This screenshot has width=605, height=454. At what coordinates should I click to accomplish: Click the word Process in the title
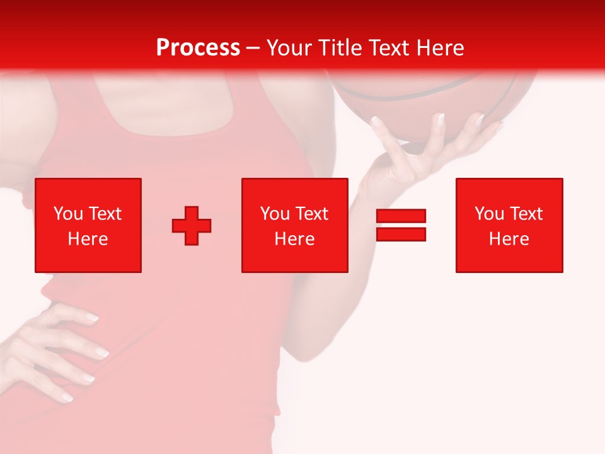pyautogui.click(x=198, y=48)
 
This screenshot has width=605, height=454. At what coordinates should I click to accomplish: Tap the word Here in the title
pyautogui.click(x=438, y=48)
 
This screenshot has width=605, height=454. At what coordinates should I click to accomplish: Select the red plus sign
pyautogui.click(x=192, y=226)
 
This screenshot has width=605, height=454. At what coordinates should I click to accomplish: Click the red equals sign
pyautogui.click(x=401, y=225)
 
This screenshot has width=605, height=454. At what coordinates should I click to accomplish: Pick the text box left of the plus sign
pyautogui.click(x=88, y=225)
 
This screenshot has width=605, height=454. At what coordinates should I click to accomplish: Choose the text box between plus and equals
pyautogui.click(x=294, y=225)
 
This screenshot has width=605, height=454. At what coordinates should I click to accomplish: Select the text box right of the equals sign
pyautogui.click(x=509, y=225)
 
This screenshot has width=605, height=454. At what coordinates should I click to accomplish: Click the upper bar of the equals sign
pyautogui.click(x=401, y=216)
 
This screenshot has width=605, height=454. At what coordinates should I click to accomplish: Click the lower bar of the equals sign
pyautogui.click(x=401, y=234)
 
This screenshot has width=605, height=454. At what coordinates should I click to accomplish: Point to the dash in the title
pyautogui.click(x=253, y=48)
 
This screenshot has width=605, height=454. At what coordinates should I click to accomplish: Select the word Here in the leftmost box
pyautogui.click(x=88, y=239)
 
